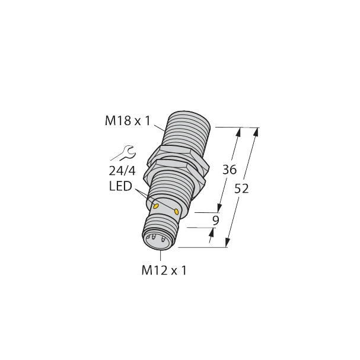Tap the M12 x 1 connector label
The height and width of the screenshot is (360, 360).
pyautogui.click(x=164, y=270)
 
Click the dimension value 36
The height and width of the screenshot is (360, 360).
pyautogui.click(x=229, y=170)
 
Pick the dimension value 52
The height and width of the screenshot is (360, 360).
pyautogui.click(x=241, y=189)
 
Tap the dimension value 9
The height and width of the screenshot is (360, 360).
pyautogui.click(x=215, y=220)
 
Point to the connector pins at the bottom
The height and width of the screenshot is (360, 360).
pyautogui.click(x=155, y=241)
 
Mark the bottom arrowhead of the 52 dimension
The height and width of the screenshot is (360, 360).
pyautogui.click(x=228, y=243)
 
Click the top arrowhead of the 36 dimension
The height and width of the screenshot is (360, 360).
pyautogui.click(x=240, y=132)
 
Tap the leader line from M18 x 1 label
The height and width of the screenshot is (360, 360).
pyautogui.click(x=161, y=127)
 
